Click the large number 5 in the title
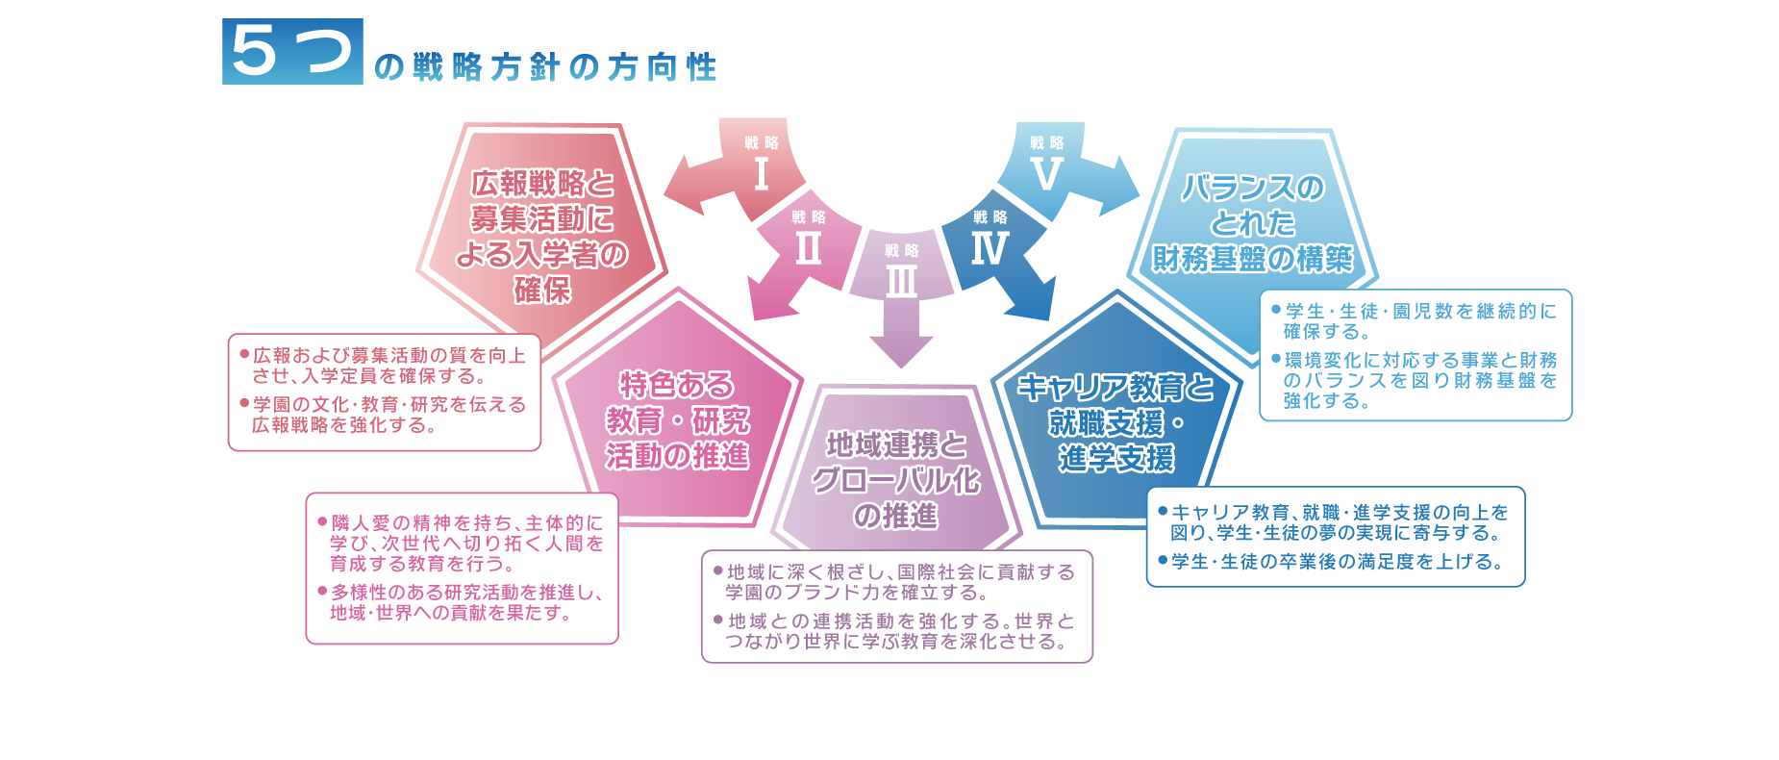click(255, 51)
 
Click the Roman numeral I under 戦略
click(762, 174)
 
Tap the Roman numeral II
click(808, 249)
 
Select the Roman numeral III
click(901, 282)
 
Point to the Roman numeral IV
click(990, 249)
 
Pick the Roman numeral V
click(1046, 174)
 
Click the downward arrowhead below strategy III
click(901, 350)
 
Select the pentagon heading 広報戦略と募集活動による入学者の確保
click(541, 236)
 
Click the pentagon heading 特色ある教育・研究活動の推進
click(677, 420)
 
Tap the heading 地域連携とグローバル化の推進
click(896, 480)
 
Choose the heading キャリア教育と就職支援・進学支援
click(1115, 422)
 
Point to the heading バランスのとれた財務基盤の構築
click(1252, 223)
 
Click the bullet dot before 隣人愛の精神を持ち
click(322, 521)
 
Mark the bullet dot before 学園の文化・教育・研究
click(244, 403)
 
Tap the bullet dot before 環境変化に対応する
click(1276, 359)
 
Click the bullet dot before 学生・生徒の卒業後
click(1163, 560)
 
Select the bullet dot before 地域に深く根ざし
click(717, 570)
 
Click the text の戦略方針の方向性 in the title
click(544, 67)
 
